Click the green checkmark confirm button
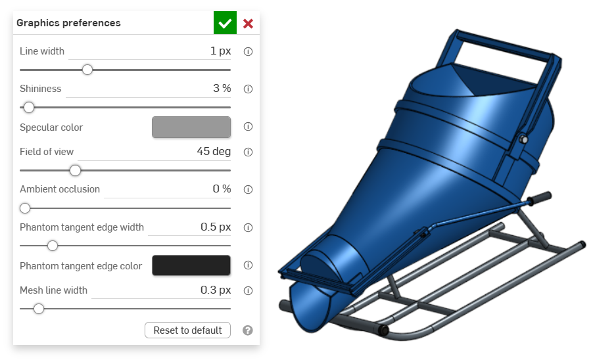point(225,23)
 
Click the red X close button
point(248,24)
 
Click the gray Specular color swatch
point(191,127)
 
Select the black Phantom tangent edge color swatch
point(191,265)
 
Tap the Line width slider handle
point(87,70)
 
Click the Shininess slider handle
point(28,107)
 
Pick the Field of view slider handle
point(76,171)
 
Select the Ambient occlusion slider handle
point(25,208)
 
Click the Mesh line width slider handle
point(39,308)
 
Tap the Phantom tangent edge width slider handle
point(53,246)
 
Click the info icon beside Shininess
point(248,89)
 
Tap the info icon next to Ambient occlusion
point(248,190)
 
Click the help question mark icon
point(248,330)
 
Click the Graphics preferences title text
point(68,23)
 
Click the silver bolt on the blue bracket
point(522,139)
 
